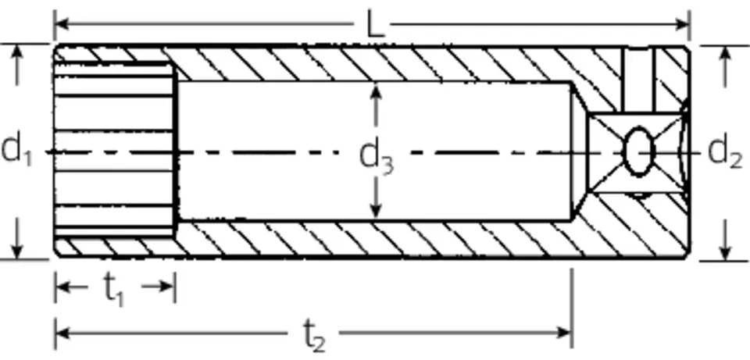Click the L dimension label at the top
point(375,24)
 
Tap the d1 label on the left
point(16,150)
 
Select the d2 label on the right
point(725,152)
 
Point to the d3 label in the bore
point(376,157)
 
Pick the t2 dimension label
point(314,336)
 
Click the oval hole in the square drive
point(639,151)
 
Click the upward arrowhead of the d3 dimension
point(376,91)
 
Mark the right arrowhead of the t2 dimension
point(563,332)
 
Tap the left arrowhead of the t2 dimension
point(63,332)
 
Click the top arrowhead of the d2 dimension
point(726,55)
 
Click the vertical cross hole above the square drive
point(638,80)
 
